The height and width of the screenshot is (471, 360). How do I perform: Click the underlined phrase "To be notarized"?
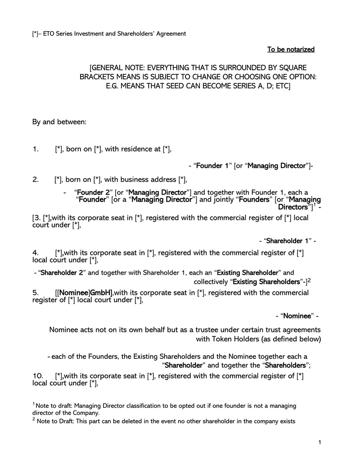(291, 49)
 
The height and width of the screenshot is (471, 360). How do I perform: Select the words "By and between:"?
(59, 122)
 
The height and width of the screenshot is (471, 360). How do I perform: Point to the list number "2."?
(36, 180)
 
